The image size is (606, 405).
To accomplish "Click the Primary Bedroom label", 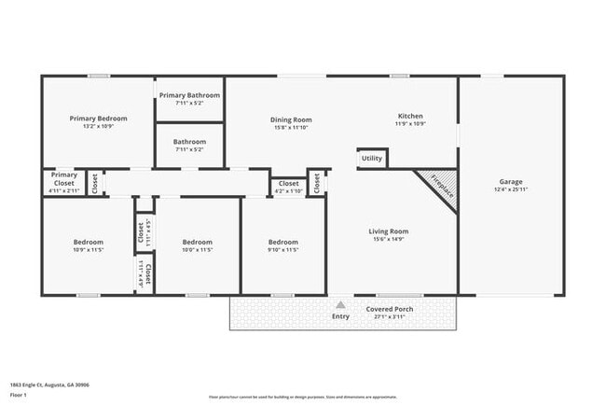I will (98, 119).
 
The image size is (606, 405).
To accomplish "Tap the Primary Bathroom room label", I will (189, 95).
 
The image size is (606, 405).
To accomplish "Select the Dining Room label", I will (291, 119).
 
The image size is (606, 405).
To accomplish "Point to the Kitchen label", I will (410, 116).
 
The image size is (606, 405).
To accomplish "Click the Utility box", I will (372, 159).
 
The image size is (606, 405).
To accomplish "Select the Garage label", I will (510, 182).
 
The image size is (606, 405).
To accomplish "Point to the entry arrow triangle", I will (341, 304).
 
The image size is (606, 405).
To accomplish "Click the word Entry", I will (341, 316).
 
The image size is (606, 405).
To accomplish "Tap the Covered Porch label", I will (390, 309).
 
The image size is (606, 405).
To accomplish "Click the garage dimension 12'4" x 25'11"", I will (510, 190).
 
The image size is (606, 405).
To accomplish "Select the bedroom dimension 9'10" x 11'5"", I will (283, 250).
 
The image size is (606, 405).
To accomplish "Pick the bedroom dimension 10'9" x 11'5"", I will (89, 250).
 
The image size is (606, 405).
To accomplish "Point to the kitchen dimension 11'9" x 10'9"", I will (410, 124).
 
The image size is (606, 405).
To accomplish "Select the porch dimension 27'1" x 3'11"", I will (390, 317).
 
